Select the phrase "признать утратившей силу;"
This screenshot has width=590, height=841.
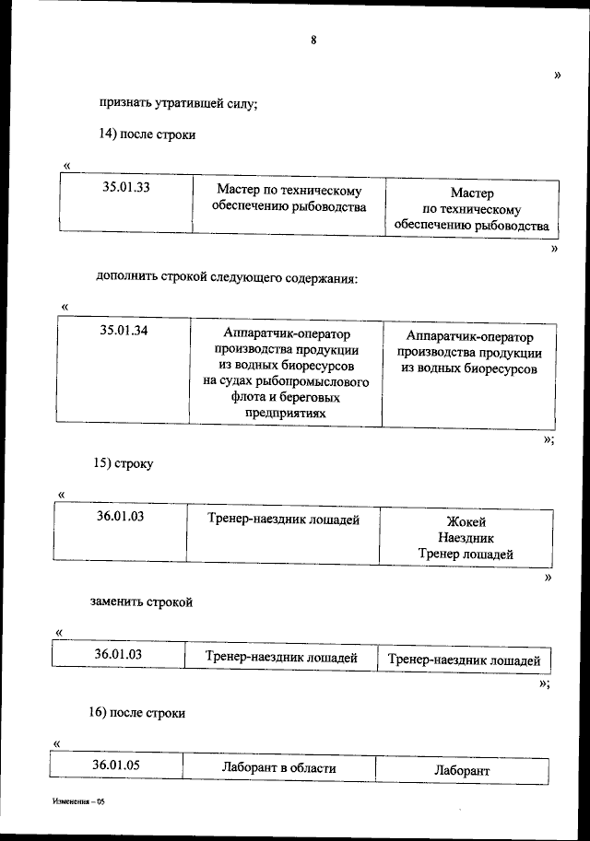pyautogui.click(x=179, y=103)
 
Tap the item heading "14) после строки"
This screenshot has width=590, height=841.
pyautogui.click(x=147, y=134)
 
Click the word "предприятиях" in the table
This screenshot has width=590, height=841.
pyautogui.click(x=285, y=415)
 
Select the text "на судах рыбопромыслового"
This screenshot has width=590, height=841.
pyautogui.click(x=286, y=381)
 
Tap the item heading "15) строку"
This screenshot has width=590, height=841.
pyautogui.click(x=123, y=463)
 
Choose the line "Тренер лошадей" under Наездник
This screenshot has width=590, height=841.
pyautogui.click(x=466, y=555)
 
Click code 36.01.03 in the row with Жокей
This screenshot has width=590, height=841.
pyautogui.click(x=120, y=517)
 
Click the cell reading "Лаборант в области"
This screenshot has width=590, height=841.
pyautogui.click(x=278, y=767)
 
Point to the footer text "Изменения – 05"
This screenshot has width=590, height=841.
pyautogui.click(x=79, y=803)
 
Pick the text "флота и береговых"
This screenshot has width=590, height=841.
pyautogui.click(x=286, y=398)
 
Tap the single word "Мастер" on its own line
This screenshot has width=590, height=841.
pyautogui.click(x=472, y=193)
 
